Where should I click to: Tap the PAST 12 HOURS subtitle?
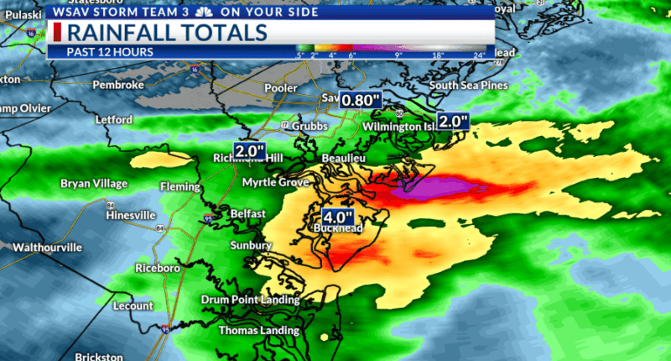(x=101, y=51)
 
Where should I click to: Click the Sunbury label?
(x=252, y=245)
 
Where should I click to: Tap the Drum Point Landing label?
(x=250, y=300)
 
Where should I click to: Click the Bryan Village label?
(x=94, y=183)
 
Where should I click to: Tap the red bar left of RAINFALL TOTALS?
(x=57, y=33)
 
